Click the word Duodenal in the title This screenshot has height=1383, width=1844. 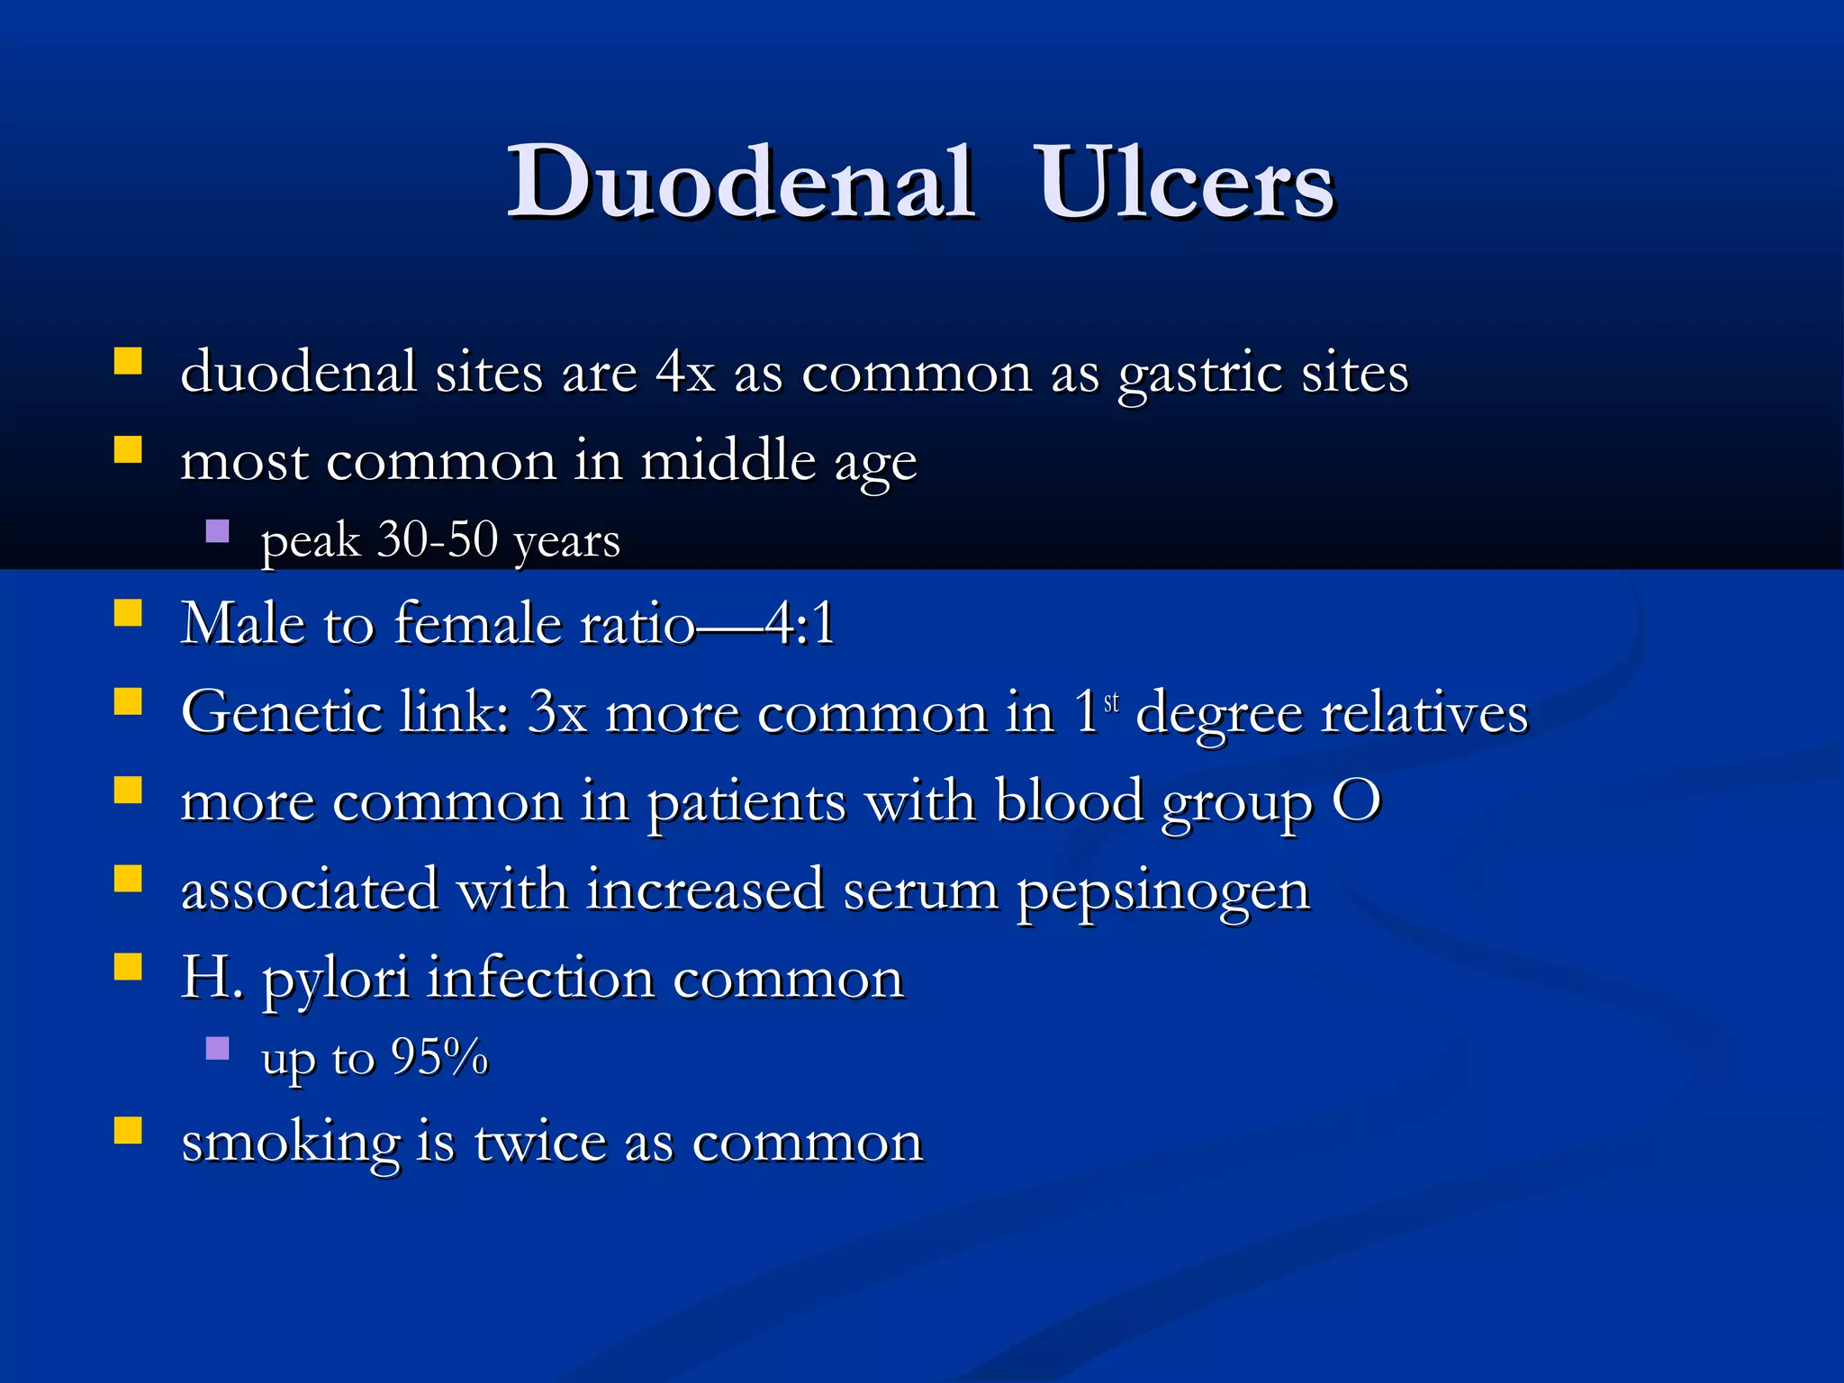pos(740,184)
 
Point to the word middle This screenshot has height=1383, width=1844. pos(728,461)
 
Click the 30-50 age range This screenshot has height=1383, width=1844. pos(438,540)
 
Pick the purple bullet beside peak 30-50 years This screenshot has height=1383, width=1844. pos(218,531)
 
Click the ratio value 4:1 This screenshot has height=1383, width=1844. pos(801,623)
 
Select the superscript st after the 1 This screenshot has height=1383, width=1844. pos(1112,701)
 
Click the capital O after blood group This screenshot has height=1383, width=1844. pos(1356,801)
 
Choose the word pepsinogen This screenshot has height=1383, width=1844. pos(1163,891)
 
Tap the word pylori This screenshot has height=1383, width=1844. pos(336,980)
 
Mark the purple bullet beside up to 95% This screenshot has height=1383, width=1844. pos(218,1048)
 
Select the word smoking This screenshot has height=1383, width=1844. pos(290,1143)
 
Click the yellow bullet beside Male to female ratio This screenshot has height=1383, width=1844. pos(128,614)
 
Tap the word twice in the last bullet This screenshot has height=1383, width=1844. pos(540,1143)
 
